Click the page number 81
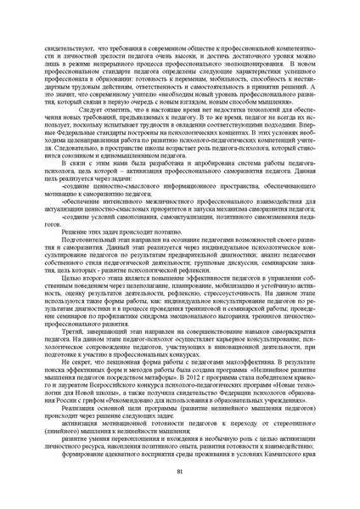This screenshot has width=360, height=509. [x=180, y=472]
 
